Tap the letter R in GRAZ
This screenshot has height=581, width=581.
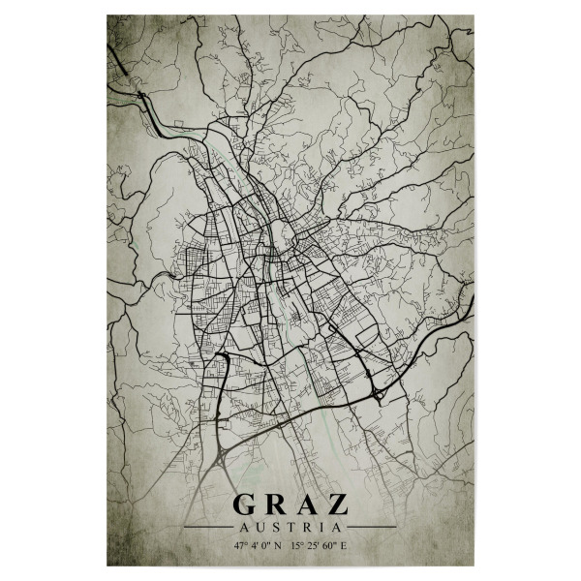pyautogui.click(x=273, y=505)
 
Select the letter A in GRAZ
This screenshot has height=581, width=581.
pyautogui.click(x=304, y=505)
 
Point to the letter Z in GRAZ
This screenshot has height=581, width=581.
pyautogui.click(x=335, y=505)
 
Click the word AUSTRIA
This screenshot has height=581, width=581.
pyautogui.click(x=290, y=528)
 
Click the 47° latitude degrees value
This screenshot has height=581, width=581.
pyautogui.click(x=239, y=546)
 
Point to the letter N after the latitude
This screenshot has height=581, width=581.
pyautogui.click(x=279, y=546)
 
